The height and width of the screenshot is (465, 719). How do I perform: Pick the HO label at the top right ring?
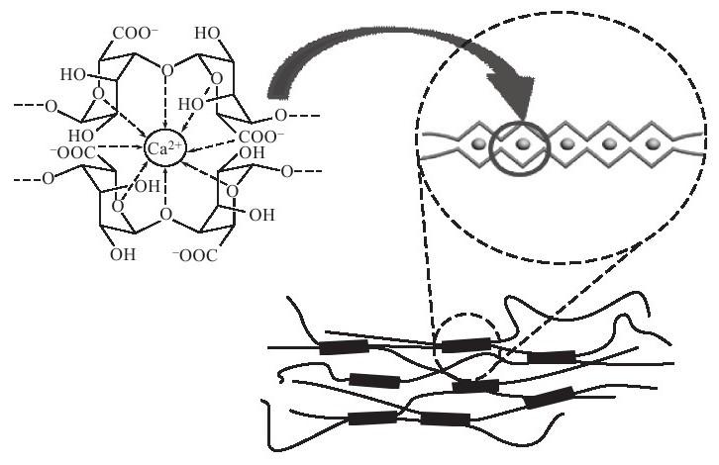pyautogui.click(x=208, y=33)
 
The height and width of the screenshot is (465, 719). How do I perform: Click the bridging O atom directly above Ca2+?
pyautogui.click(x=165, y=71)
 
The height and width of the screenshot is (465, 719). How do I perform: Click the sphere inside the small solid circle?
pyautogui.click(x=525, y=143)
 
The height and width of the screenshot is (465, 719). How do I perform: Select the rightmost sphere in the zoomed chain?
pyautogui.click(x=653, y=143)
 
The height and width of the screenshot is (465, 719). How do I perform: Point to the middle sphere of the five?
pyautogui.click(x=567, y=143)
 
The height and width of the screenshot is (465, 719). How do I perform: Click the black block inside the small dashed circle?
pyautogui.click(x=465, y=344)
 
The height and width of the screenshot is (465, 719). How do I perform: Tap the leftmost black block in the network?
pyautogui.click(x=344, y=347)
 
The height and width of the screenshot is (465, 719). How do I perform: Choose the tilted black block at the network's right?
pyautogui.click(x=549, y=398)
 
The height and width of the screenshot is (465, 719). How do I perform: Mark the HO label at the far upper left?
pyautogui.click(x=73, y=74)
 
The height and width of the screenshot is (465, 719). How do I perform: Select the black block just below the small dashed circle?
pyautogui.click(x=475, y=385)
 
